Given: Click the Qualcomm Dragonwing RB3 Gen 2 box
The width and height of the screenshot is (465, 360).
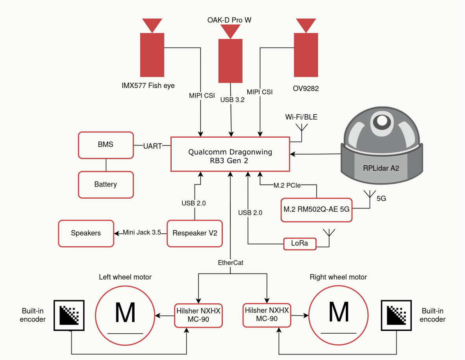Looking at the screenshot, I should point(230,154).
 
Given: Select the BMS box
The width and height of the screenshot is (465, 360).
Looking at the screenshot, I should point(106,145).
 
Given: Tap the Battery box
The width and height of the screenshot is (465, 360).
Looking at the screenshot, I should point(106,184).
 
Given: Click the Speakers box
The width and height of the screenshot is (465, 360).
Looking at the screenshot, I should point(86,233).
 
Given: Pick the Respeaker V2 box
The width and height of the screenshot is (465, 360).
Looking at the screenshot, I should point(195,233).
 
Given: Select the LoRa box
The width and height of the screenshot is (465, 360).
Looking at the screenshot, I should point(300,244).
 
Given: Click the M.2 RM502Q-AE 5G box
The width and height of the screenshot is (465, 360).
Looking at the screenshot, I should point(317,210).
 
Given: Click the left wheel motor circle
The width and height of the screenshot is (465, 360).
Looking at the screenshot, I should point(125,313).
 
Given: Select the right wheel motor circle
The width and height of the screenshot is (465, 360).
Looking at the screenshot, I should point(339,313).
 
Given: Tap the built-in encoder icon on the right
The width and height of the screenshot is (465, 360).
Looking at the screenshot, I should point(396,315).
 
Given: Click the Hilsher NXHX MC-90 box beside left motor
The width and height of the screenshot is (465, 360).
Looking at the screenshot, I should point(198,315).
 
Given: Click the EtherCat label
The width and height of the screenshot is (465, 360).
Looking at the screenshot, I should point(230,262).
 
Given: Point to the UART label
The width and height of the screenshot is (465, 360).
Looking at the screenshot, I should point(152,146).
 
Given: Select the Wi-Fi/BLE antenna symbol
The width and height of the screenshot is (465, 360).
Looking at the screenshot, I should point(302,128).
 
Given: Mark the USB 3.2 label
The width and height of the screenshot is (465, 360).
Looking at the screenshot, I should point(232,100).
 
